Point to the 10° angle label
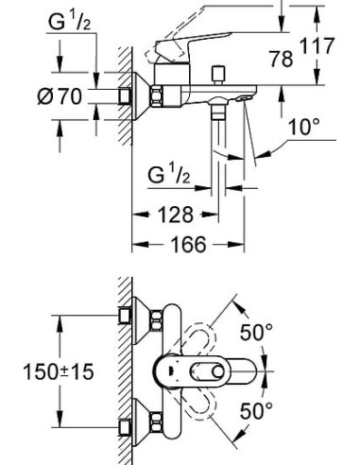(x=302, y=125)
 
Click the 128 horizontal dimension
(x=177, y=214)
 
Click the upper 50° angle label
(x=254, y=332)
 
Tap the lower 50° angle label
(x=254, y=410)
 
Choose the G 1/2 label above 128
(x=170, y=175)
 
